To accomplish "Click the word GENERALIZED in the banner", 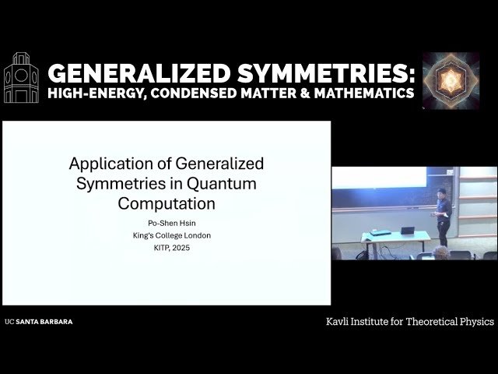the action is (139, 73).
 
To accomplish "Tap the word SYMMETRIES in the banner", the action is (326, 73).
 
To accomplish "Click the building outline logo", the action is (21, 78).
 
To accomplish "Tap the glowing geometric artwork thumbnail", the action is (451, 81).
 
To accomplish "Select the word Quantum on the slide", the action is (221, 184).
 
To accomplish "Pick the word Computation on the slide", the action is (167, 204).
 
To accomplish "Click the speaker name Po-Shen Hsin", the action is (171, 224).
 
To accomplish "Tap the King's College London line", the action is (172, 235).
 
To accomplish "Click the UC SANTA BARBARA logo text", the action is (39, 322).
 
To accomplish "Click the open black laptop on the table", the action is (408, 231).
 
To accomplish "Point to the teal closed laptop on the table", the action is (381, 232).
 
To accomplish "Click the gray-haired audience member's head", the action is (441, 252).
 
